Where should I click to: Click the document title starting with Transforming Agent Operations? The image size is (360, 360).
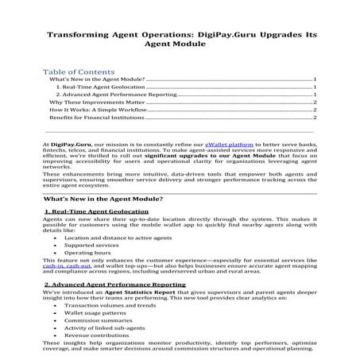(180, 41)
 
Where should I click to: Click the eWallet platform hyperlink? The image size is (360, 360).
(229, 143)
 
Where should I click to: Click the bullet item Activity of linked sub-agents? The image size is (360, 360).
(102, 331)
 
